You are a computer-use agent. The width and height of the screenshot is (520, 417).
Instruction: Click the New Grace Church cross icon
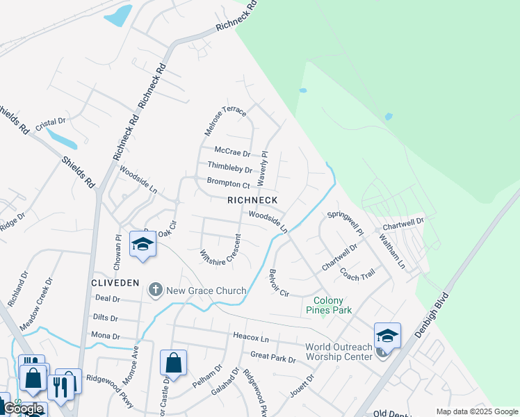pos(156,289)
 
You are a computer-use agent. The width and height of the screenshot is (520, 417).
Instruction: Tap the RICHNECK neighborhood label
pos(252,200)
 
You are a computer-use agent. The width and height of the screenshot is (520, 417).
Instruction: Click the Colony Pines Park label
pos(328,305)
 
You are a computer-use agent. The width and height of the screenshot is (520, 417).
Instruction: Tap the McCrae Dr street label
pos(231,151)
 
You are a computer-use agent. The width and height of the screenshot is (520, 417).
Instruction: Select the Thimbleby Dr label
pos(229,167)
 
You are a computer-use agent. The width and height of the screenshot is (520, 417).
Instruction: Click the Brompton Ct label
pos(228,183)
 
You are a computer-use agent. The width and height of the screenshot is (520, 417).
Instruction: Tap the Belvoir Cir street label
pos(279,283)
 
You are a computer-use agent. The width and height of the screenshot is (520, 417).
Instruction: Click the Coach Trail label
pos(357,274)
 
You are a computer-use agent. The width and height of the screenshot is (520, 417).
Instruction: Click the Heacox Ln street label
pos(251,338)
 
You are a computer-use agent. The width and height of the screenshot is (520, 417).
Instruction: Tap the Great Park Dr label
pos(273,359)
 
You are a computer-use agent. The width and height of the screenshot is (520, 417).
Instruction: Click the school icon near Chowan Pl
pos(143,245)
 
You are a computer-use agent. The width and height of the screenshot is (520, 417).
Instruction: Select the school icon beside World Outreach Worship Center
pos(387,336)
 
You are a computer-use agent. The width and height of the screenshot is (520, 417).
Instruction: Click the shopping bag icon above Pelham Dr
pos(173,362)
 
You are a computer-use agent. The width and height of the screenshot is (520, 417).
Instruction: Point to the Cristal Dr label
pos(50,121)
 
